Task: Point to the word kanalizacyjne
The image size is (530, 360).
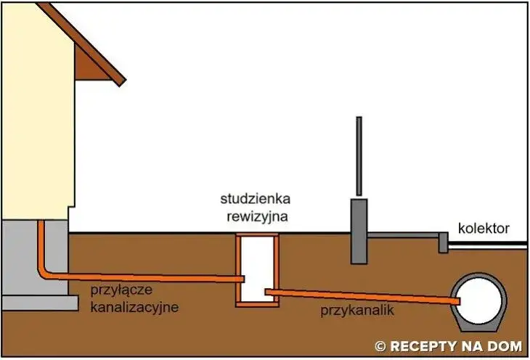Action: pyautogui.click(x=134, y=307)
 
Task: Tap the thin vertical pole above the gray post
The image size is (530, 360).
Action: pyautogui.click(x=358, y=156)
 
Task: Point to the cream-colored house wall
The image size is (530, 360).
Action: pyautogui.click(x=36, y=123)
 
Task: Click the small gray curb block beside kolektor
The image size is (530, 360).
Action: pyautogui.click(x=442, y=242)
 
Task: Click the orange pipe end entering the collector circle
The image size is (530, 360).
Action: pyautogui.click(x=455, y=300)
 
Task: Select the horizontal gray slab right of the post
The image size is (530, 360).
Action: pyautogui.click(x=403, y=236)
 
